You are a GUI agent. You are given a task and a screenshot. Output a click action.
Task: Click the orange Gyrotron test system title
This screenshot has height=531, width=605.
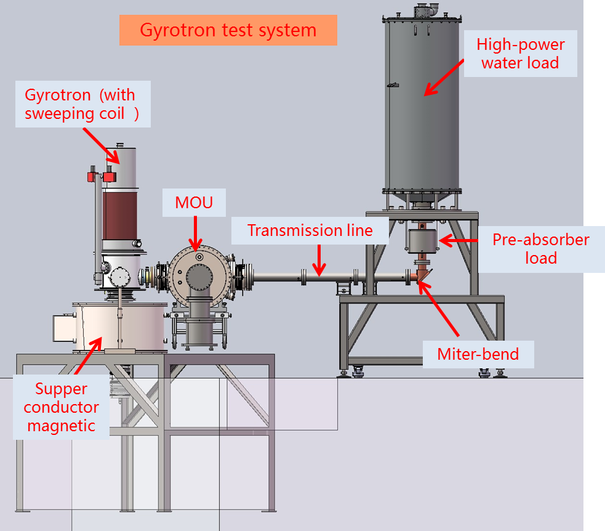(x=228, y=30)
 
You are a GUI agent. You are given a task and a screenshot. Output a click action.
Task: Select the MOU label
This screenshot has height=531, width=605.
(x=194, y=203)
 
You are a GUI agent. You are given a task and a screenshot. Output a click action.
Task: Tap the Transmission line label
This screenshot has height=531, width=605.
(x=310, y=230)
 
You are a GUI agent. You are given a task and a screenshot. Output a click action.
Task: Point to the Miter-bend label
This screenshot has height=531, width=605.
(x=478, y=354)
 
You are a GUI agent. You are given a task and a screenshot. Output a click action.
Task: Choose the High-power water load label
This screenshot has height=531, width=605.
(x=520, y=54)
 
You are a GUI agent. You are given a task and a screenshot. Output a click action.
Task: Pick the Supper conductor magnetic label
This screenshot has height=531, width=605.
(x=62, y=407)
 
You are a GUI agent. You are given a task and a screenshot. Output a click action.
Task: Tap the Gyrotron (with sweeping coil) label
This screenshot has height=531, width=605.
(x=82, y=104)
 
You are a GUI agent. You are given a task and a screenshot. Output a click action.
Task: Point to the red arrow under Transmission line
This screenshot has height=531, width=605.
(x=318, y=261)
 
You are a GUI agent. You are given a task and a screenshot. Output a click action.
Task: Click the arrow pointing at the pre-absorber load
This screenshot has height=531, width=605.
(x=459, y=240)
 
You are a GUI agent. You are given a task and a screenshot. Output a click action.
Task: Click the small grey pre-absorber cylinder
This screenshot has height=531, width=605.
(x=422, y=239)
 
